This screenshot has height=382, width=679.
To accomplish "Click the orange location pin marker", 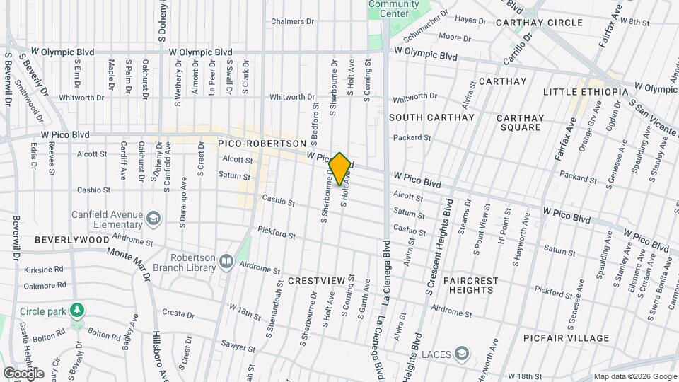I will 339,168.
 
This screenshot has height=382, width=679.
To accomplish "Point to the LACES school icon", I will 463,353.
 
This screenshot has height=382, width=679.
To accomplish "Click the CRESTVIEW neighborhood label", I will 317,281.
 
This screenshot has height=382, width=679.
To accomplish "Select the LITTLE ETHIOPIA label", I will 586,93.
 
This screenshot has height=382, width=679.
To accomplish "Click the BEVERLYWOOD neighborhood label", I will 71,240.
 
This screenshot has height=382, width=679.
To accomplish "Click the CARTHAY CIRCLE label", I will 539,23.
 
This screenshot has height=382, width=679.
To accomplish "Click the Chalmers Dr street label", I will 293,21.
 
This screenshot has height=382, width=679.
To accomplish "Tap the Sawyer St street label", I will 239,347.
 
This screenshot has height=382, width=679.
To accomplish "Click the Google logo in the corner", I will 23,373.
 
